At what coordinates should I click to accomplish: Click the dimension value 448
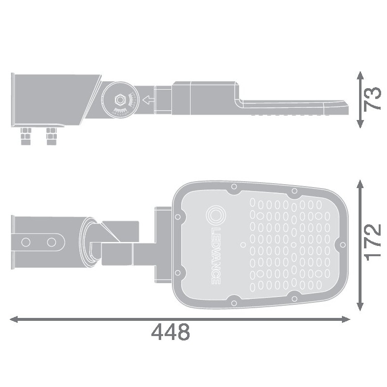(x=170, y=332)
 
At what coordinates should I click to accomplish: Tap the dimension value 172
(x=373, y=243)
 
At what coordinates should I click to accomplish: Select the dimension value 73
(x=373, y=98)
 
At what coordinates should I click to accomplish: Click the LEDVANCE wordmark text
(x=216, y=256)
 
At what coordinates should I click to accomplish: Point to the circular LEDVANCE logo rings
(x=216, y=216)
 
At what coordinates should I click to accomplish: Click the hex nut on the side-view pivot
(x=120, y=100)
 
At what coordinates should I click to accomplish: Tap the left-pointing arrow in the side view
(x=148, y=100)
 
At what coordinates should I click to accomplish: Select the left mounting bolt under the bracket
(x=26, y=136)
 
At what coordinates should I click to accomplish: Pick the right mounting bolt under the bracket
(x=51, y=136)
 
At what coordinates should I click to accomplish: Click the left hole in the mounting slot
(x=26, y=242)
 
